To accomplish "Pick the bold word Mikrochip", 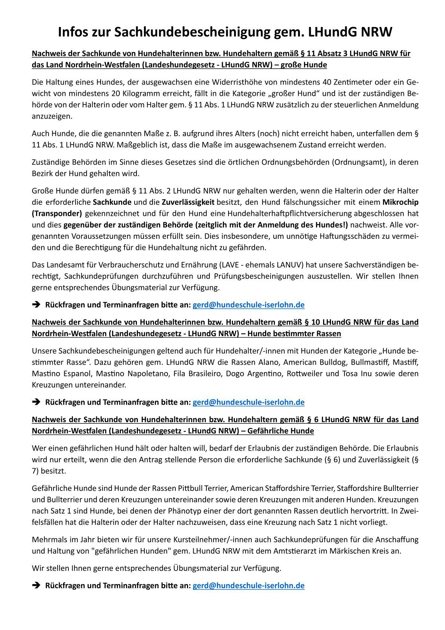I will click(x=400, y=202).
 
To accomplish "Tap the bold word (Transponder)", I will click(x=57, y=213).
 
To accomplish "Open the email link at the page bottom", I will click(x=248, y=585).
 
